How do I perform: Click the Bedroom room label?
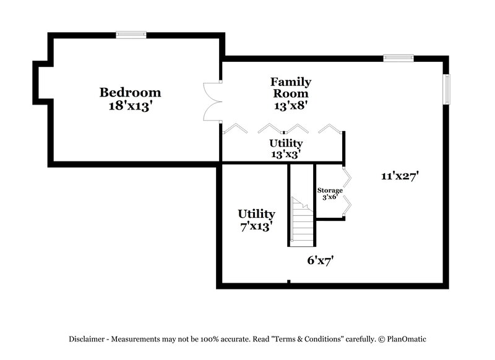coord(130,92)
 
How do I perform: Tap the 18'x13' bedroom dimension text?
coord(130,105)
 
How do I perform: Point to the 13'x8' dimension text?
coord(290,105)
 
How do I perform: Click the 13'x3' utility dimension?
coord(285,155)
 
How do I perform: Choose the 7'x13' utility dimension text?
coord(256,226)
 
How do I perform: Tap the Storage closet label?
coord(330,190)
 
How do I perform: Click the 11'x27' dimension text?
coord(400,176)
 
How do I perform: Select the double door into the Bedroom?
coord(212,101)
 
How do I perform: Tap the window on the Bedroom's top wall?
coord(131,35)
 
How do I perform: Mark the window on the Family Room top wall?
coord(397,58)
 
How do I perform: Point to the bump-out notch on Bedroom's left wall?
coord(41,83)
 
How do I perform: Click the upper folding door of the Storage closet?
coord(348,178)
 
